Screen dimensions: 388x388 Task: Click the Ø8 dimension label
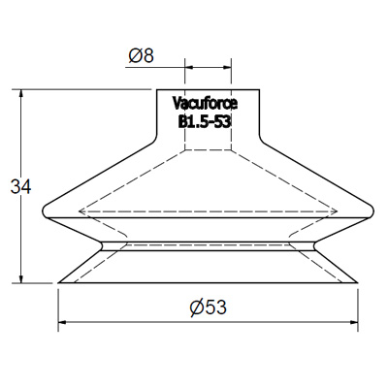142,56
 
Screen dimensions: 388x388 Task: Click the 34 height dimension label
20,187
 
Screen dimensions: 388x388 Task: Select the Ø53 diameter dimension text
209,307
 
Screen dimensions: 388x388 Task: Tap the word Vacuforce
205,104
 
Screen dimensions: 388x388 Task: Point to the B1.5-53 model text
205,122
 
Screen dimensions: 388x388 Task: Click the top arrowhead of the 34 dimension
21,93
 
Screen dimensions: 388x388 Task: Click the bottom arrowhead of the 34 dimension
21,279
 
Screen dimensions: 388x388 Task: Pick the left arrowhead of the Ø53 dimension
62,322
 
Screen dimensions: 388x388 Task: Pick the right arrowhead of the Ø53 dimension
354,322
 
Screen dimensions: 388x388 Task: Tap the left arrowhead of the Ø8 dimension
188,67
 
